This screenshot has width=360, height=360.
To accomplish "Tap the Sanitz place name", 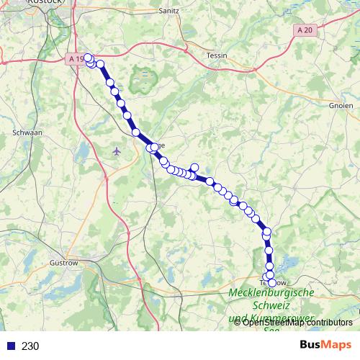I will [168, 12].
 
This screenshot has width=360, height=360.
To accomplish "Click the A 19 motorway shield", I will [77, 58].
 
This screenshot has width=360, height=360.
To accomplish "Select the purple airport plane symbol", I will [117, 150].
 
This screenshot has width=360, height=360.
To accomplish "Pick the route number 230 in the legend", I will [30, 346].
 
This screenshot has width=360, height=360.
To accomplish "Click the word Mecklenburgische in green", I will [271, 293].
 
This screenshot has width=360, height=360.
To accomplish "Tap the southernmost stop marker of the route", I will [271, 282].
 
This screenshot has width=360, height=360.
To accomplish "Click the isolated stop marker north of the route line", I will [194, 168].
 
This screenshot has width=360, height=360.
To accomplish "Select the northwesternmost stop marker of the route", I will [87, 57].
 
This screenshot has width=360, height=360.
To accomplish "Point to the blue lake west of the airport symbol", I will [84, 152].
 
